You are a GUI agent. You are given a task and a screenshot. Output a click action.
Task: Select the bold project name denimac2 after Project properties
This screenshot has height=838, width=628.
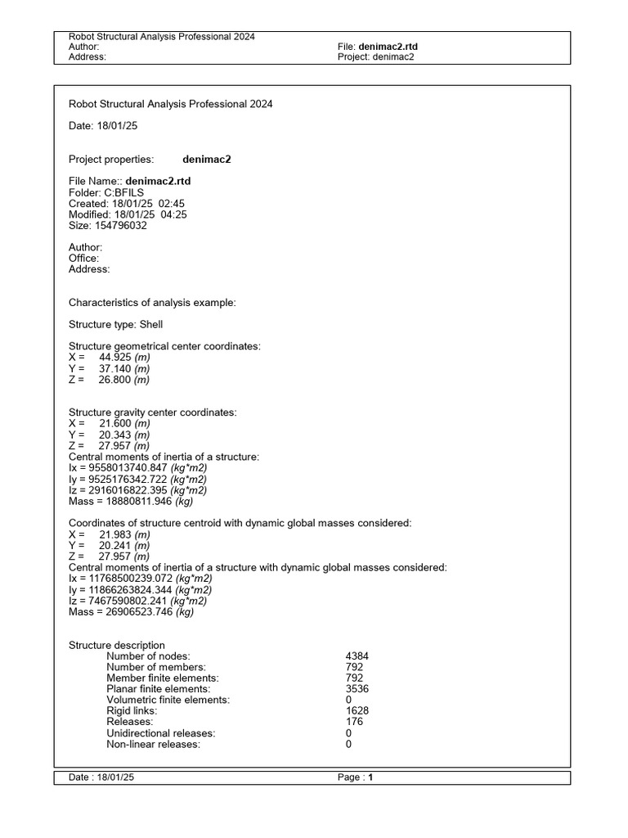[207, 159]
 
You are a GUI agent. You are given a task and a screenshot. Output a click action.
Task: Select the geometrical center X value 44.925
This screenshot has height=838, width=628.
[115, 358]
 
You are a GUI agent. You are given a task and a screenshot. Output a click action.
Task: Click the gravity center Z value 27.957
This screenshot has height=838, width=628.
[115, 446]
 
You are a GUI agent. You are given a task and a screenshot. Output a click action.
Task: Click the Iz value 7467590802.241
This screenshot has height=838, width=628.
[134, 600]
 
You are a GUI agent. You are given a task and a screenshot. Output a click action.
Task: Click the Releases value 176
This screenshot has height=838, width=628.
[355, 722]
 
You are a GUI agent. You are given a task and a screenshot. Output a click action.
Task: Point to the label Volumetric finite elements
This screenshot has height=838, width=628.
[168, 700]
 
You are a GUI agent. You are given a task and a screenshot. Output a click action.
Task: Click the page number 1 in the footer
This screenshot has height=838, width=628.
[370, 777]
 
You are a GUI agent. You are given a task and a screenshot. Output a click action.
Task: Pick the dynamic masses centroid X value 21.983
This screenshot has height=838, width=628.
[115, 534]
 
